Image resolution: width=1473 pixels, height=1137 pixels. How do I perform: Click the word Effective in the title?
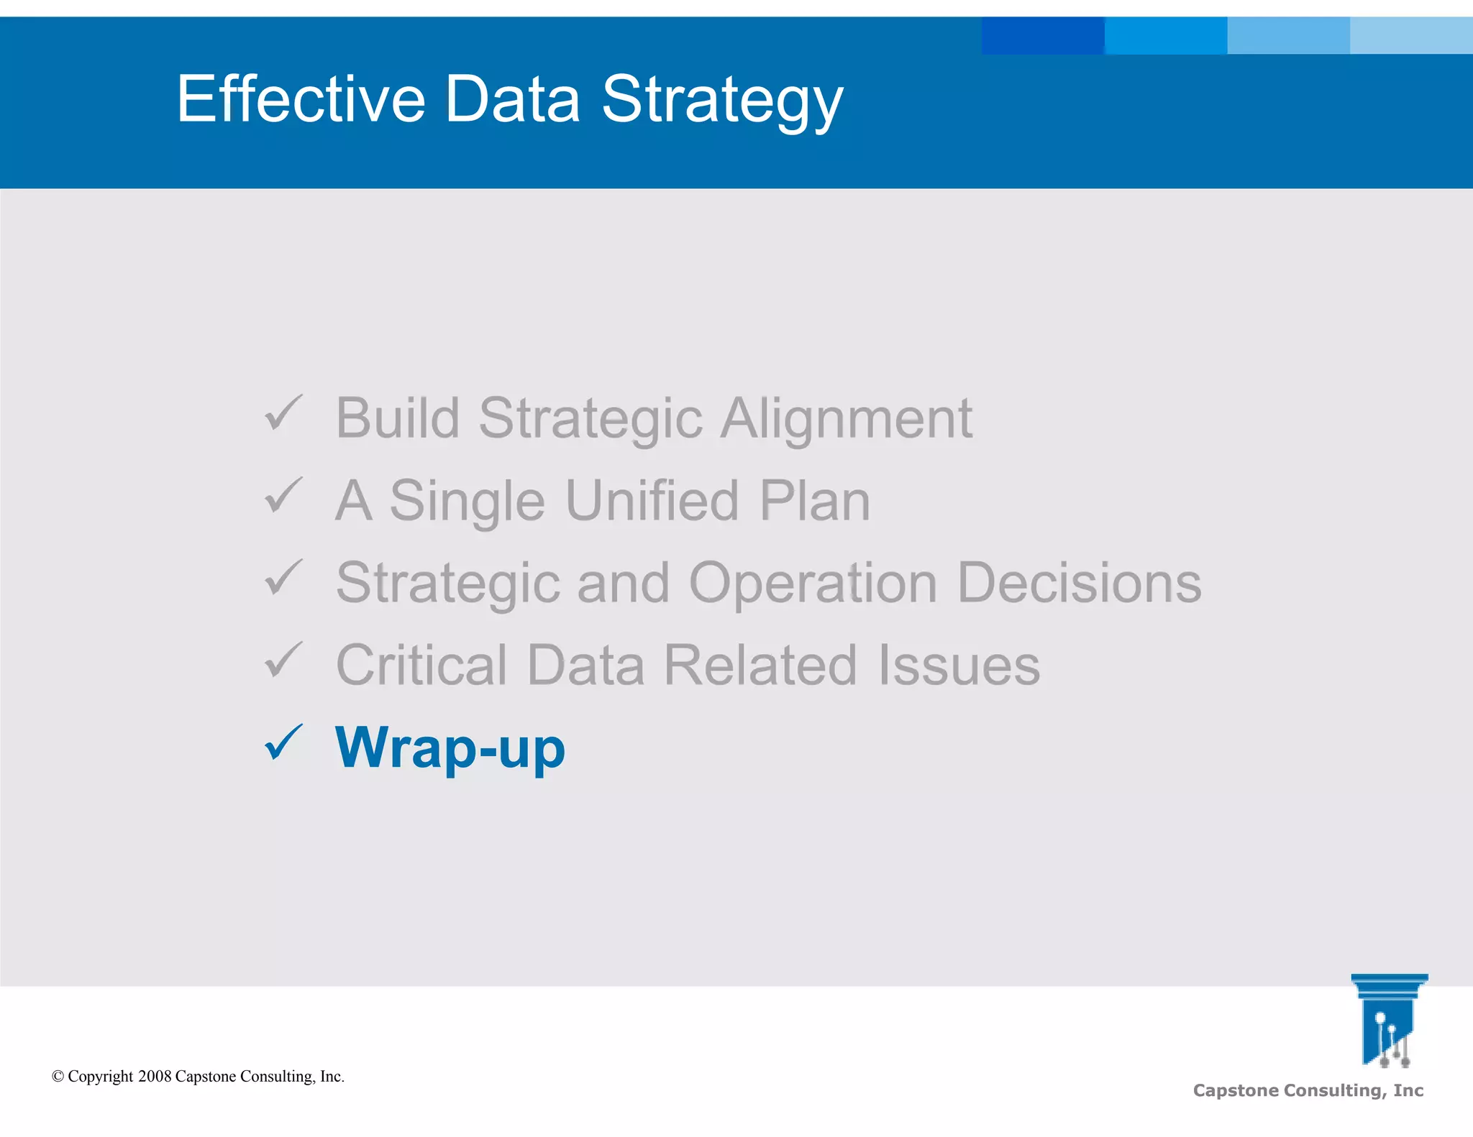[301, 99]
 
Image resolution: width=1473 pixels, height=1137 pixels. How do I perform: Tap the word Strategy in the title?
[721, 101]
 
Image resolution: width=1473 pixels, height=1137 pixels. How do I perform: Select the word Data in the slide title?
[512, 99]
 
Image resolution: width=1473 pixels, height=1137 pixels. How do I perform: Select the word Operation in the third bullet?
[813, 584]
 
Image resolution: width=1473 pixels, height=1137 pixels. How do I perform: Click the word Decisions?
[1079, 583]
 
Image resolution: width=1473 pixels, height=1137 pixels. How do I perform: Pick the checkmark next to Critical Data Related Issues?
[283, 660]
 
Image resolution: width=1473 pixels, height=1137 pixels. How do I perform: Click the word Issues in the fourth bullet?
[959, 666]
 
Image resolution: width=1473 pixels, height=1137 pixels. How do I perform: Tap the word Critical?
[421, 666]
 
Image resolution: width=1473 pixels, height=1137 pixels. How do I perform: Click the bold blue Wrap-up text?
[450, 748]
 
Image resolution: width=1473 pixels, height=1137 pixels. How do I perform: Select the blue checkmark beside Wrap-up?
[283, 742]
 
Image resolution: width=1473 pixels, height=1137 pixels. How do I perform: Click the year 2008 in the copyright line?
[155, 1077]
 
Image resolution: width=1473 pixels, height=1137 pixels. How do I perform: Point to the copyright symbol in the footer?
[58, 1077]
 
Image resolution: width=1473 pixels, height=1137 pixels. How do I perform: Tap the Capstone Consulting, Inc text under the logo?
[1308, 1090]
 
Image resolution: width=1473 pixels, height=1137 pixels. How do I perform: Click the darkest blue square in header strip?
[1042, 36]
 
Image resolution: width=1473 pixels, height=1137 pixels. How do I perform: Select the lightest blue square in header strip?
[1411, 36]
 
